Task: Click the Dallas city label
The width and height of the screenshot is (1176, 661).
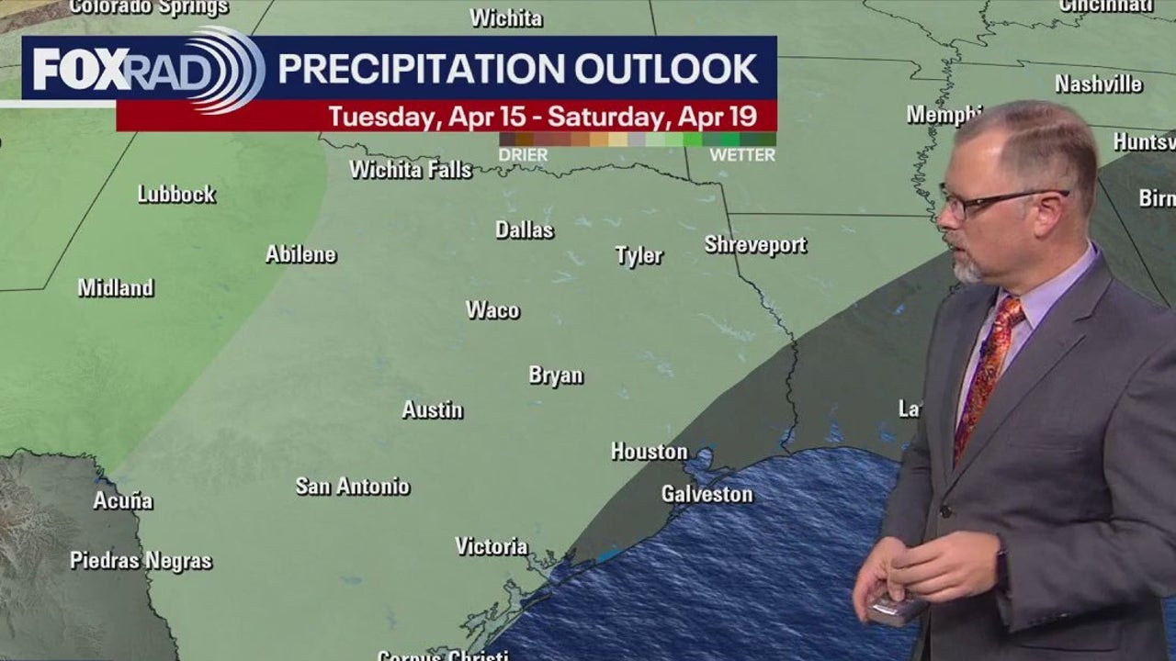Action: [525, 230]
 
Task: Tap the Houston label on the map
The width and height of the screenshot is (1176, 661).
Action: [649, 452]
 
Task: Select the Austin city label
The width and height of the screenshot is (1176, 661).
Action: [432, 410]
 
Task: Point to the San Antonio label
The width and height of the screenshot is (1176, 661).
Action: [353, 487]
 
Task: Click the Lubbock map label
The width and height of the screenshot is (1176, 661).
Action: [176, 195]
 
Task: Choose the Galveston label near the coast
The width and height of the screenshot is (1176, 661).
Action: [707, 495]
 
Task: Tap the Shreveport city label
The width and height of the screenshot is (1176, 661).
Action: [755, 245]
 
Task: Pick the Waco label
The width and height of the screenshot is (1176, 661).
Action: [492, 310]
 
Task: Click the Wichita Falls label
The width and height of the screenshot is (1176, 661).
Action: [411, 170]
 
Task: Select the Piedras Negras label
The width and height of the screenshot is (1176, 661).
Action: [141, 561]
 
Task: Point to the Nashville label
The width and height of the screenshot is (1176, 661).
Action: [1098, 84]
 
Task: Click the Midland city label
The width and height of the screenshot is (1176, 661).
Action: [116, 288]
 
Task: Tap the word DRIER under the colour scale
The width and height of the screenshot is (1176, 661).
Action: [523, 155]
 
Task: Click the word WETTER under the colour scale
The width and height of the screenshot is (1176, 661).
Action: [742, 155]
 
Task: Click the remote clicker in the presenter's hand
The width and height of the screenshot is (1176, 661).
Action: [896, 609]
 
